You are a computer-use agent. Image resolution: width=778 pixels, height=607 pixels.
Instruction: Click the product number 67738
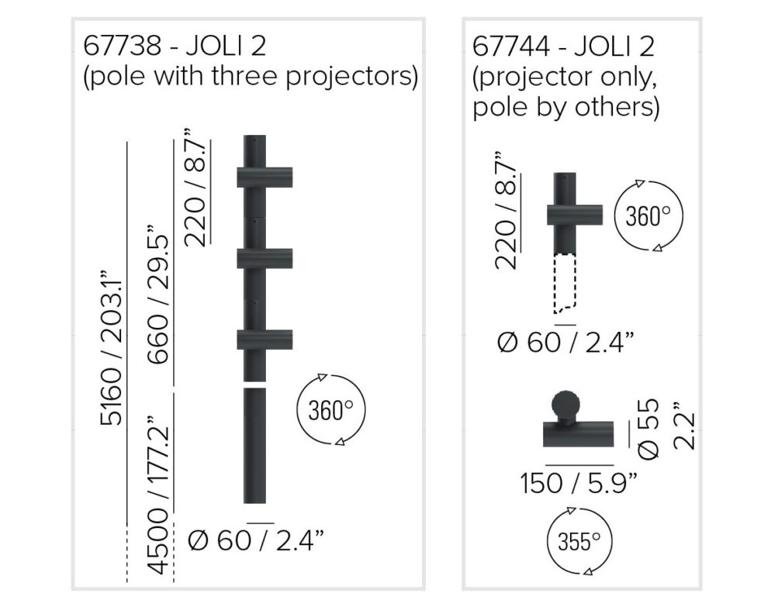122,46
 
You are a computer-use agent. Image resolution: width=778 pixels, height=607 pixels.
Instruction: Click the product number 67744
511,47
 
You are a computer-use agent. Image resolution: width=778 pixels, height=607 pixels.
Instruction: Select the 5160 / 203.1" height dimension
111,347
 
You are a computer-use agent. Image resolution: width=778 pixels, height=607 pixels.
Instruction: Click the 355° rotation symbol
579,541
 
